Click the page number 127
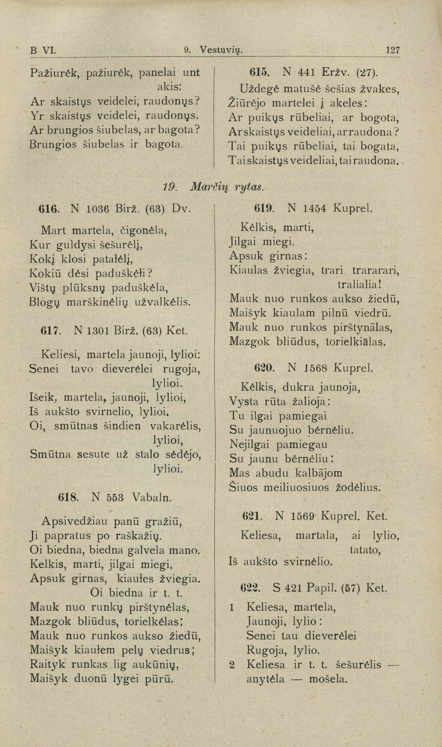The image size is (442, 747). click(x=393, y=50)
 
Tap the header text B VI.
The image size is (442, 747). click(x=43, y=50)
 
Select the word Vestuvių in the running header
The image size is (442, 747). click(x=221, y=50)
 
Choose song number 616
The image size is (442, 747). click(x=48, y=209)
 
